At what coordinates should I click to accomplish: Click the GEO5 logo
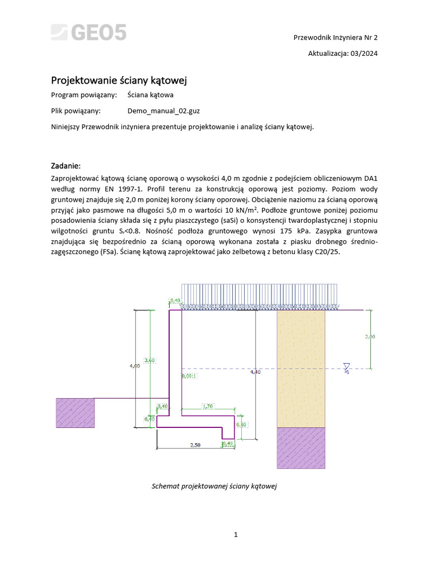click(x=89, y=33)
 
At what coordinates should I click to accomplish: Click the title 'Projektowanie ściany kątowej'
click(x=119, y=80)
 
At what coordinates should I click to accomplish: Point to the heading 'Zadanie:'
click(x=66, y=166)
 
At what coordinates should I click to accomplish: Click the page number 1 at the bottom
click(x=236, y=535)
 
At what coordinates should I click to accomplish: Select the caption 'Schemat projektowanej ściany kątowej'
click(x=214, y=486)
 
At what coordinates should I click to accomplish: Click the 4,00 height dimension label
click(x=135, y=366)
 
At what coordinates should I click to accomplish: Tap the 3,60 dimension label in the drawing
click(x=150, y=360)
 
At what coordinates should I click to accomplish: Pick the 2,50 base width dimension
click(x=195, y=445)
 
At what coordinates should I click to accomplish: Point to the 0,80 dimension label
click(x=241, y=425)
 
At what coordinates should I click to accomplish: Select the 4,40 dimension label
click(x=255, y=371)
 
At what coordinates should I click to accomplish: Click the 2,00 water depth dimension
click(x=370, y=337)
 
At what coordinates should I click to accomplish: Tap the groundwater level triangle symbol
click(x=347, y=367)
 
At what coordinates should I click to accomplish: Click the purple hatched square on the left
click(x=75, y=413)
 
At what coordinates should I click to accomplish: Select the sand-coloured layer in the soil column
click(x=301, y=369)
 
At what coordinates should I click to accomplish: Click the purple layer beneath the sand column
click(x=301, y=447)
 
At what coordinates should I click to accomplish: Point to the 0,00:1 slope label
click(x=190, y=376)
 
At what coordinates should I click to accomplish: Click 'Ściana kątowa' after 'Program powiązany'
click(x=150, y=95)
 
